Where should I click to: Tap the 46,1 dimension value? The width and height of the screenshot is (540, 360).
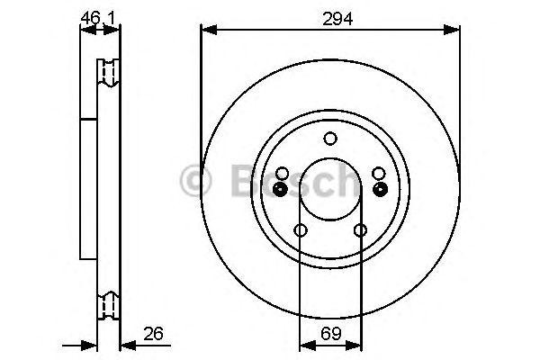[99, 15]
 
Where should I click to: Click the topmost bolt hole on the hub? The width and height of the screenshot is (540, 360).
[330, 138]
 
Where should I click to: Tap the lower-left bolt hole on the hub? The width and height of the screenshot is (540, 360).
[301, 230]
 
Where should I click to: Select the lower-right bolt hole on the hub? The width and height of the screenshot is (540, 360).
[360, 230]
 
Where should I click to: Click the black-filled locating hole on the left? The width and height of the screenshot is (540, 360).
[281, 189]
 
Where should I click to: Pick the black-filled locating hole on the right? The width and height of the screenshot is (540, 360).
[380, 189]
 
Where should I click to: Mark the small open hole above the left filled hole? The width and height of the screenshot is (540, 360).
[282, 173]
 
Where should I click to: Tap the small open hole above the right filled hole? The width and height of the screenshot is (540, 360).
[379, 173]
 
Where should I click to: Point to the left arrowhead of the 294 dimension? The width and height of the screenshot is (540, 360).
[207, 31]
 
